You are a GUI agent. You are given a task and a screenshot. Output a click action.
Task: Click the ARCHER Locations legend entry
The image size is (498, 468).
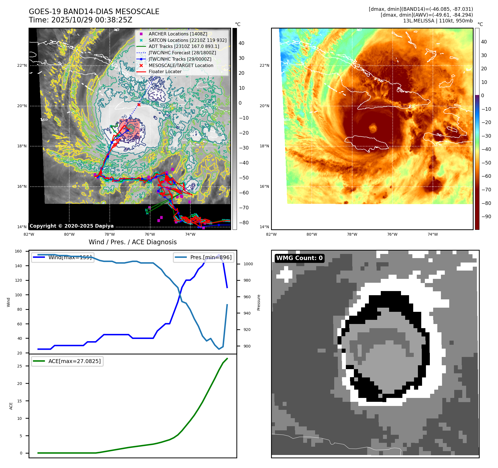tap(178, 34)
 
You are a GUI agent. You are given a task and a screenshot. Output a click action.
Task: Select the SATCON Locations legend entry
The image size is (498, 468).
tap(187, 40)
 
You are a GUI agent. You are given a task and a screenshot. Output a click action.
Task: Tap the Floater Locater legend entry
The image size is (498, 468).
tap(165, 71)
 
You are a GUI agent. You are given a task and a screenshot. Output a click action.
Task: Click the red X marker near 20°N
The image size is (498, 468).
tap(139, 105)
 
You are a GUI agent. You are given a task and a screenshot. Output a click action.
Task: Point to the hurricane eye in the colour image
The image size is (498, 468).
tap(373, 128)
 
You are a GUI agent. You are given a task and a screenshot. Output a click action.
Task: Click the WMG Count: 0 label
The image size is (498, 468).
tap(299, 258)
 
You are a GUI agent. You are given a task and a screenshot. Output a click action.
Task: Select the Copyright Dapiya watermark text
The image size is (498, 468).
tap(71, 226)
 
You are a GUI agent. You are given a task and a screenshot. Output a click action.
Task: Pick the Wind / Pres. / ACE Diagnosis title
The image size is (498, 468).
tap(132, 242)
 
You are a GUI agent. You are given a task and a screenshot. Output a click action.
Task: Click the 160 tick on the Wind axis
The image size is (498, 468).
tap(18, 251)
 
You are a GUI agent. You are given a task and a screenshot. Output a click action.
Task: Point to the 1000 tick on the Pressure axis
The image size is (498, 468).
tap(248, 264)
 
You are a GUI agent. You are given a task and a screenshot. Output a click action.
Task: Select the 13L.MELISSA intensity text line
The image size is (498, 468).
tap(438, 21)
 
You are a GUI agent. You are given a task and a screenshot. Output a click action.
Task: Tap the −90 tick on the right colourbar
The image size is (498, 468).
tap(486, 217)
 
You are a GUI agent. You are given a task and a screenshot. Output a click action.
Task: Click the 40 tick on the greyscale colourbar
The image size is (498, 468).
tap(241, 43)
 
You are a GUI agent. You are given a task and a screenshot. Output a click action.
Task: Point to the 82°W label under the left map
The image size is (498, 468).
tap(29, 234)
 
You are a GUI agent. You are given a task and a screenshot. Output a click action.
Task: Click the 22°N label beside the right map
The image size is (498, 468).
tap(264, 66)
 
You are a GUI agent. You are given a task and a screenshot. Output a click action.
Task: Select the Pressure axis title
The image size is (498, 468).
tap(259, 302)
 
